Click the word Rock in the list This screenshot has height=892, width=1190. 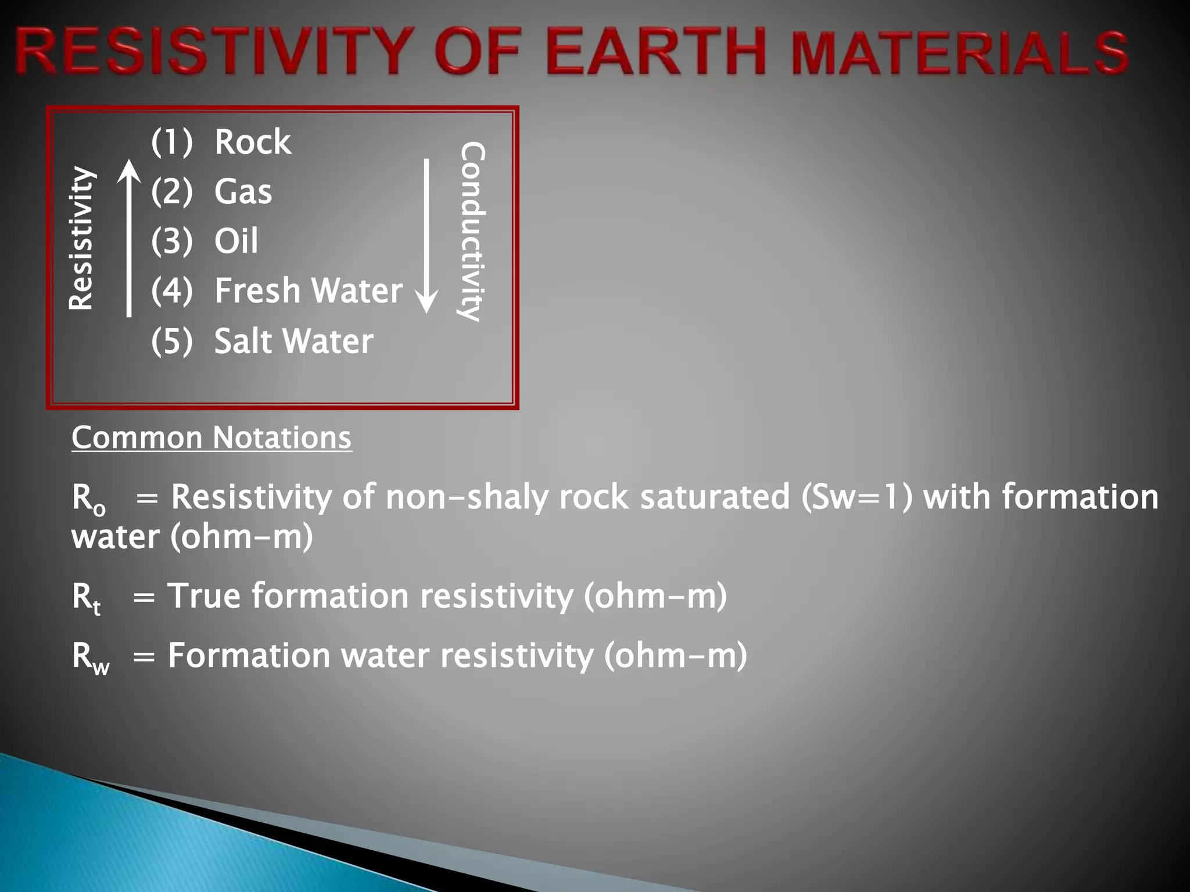tap(253, 142)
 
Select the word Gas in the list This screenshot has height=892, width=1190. tap(243, 192)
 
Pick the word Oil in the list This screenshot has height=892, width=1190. tap(236, 241)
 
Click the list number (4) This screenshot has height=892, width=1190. tap(171, 290)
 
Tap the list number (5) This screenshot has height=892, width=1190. tap(171, 341)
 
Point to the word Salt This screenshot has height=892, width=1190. tap(245, 341)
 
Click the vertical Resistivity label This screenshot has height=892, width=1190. tap(81, 238)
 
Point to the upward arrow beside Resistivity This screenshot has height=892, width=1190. tap(129, 238)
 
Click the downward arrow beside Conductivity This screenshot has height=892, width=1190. tap(427, 235)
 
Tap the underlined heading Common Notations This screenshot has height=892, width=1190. tap(212, 438)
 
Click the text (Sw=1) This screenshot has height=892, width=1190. tap(856, 498)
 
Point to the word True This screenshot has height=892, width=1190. tap(203, 596)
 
